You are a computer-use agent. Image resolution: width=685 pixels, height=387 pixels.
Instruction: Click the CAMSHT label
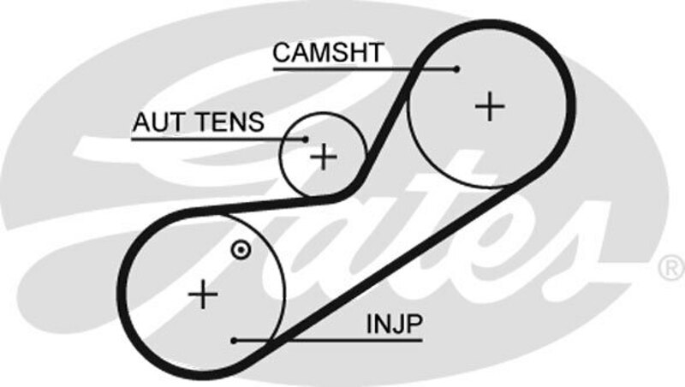327,53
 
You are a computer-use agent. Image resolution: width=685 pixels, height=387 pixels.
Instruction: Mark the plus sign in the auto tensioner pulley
324,157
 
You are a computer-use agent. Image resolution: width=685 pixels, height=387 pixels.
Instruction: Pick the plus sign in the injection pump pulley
204,295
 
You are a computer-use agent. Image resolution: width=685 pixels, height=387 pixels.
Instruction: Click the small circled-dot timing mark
241,250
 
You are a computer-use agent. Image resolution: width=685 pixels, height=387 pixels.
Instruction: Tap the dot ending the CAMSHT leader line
458,68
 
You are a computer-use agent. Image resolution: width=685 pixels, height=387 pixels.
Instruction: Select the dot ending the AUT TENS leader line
306,138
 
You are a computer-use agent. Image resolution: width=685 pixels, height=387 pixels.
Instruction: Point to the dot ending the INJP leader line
234,340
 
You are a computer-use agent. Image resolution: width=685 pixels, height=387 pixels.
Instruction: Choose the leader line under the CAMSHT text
360,68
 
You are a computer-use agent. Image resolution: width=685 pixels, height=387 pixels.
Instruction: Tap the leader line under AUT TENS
214,138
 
